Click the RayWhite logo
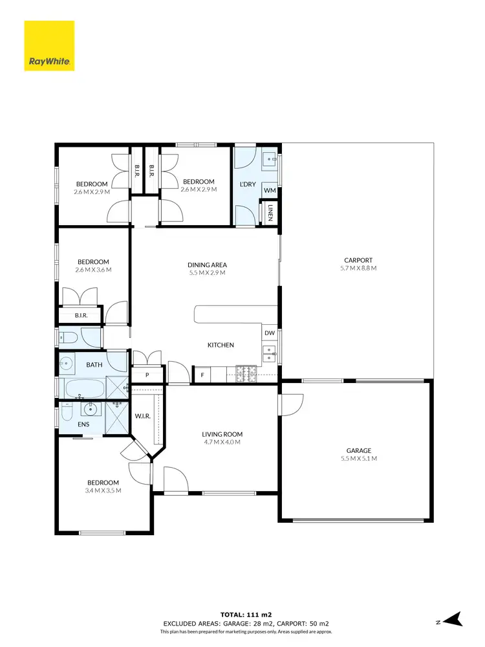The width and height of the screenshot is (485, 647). [x=49, y=46]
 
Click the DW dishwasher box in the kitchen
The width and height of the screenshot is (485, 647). [x=270, y=333]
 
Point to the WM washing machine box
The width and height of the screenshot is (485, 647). [x=270, y=190]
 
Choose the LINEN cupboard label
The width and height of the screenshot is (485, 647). [x=270, y=213]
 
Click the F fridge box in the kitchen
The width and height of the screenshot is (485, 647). [x=202, y=375]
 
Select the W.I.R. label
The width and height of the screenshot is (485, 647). [x=142, y=416]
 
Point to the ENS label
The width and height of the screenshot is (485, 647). [x=83, y=425]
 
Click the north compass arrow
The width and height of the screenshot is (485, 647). [x=454, y=619]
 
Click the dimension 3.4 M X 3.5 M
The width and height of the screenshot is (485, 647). [x=103, y=490]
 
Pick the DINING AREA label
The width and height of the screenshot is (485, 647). [x=207, y=265]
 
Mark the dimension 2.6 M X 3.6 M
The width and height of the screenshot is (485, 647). [x=93, y=269]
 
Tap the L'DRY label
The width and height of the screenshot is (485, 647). [x=248, y=184]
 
